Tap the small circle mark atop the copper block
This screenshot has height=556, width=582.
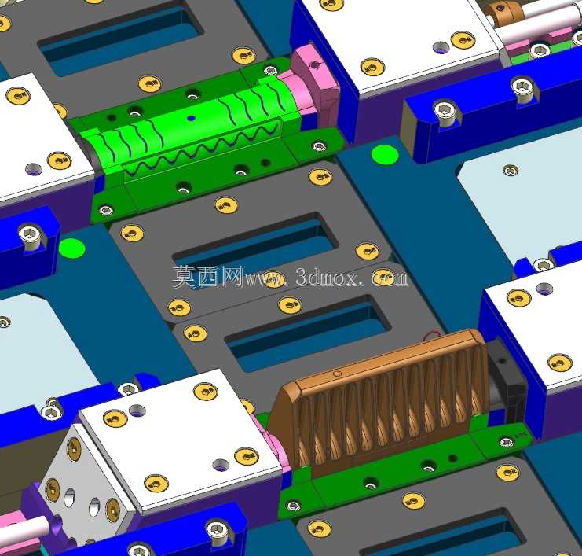pos(338,374)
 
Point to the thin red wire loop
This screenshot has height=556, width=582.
pos(433,334)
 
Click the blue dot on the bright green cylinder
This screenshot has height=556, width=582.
pos(191,118)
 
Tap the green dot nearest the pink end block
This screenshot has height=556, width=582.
pos(385,155)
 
